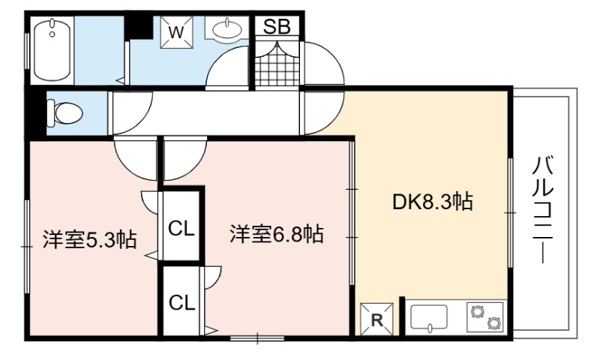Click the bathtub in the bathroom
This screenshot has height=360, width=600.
pyautogui.click(x=52, y=49)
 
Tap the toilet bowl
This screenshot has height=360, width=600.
pyautogui.click(x=65, y=112)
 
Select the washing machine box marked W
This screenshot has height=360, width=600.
pyautogui.click(x=176, y=32)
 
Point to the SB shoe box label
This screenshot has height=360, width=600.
pyautogui.click(x=277, y=27)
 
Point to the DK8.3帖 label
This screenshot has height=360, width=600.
pyautogui.click(x=433, y=202)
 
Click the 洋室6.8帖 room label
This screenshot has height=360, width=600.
pyautogui.click(x=277, y=235)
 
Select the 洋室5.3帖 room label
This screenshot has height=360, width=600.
pyautogui.click(x=89, y=240)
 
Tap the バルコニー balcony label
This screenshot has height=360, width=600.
pyautogui.click(x=543, y=210)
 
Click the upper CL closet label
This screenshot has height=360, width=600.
pyautogui.click(x=181, y=230)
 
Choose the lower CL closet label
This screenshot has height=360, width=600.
pyautogui.click(x=182, y=303)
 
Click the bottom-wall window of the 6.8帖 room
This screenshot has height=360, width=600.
pyautogui.click(x=257, y=338)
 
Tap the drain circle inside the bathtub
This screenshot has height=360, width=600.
pyautogui.click(x=52, y=34)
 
